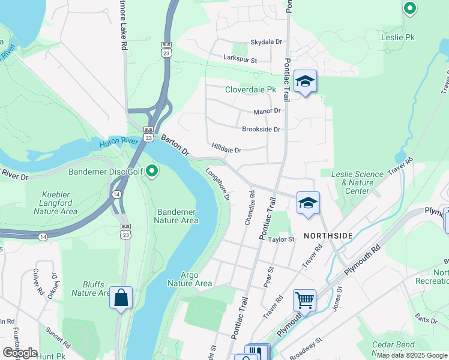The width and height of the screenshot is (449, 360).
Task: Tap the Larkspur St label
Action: (x=240, y=61)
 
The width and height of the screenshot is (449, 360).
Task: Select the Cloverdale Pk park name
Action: (x=250, y=90)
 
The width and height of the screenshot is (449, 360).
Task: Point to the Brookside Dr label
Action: (x=261, y=130)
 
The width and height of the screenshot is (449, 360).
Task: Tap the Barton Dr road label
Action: (x=175, y=146)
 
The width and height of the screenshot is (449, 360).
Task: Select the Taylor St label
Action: (x=282, y=239)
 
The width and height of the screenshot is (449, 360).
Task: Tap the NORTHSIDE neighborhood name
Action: (x=328, y=236)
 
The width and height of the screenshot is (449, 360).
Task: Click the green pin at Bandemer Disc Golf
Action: (x=152, y=172)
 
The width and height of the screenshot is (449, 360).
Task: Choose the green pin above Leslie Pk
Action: (x=409, y=8)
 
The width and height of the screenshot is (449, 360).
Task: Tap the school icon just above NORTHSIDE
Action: (x=308, y=203)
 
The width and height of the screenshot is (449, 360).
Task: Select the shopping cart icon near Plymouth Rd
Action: (x=304, y=299)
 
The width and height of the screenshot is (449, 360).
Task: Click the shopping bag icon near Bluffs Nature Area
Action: (x=121, y=297)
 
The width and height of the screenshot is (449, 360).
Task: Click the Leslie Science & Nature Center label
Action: (x=357, y=182)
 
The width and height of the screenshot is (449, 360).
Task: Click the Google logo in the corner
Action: (x=20, y=353)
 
